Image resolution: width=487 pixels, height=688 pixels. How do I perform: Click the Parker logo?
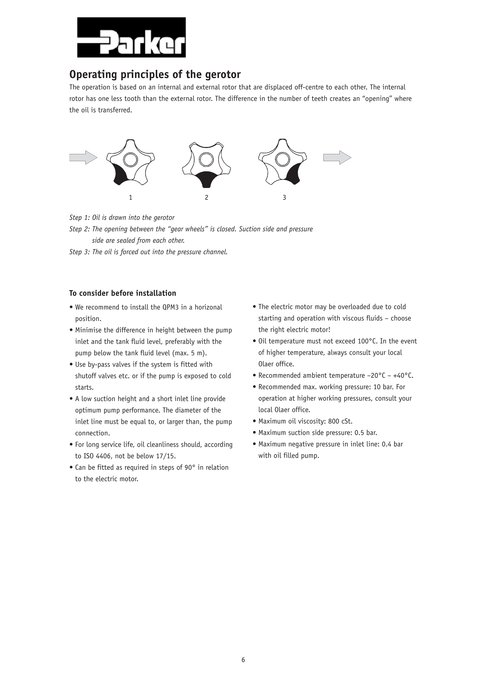point(131,37)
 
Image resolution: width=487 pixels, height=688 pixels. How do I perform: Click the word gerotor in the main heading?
point(223,74)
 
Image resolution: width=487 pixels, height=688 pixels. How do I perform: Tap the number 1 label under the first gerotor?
point(130,198)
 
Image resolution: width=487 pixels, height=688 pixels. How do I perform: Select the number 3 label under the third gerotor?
point(284,198)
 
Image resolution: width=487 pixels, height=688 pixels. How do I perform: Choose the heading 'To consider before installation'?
point(123,293)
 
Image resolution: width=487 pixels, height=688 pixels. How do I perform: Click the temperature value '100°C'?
point(368,341)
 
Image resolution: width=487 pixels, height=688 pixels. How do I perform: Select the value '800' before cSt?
point(333,421)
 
